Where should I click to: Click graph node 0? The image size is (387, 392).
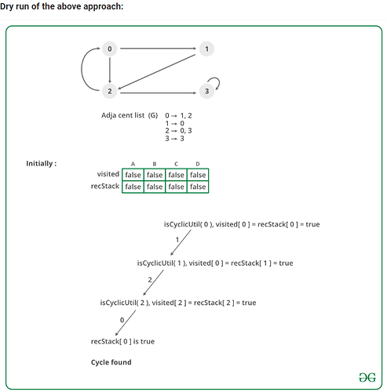tap(109, 49)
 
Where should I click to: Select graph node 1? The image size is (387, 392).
tap(206, 49)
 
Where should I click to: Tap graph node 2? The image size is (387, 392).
tap(109, 91)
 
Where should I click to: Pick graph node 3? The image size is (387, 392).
tap(206, 91)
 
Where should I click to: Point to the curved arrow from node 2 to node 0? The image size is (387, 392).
tap(82, 69)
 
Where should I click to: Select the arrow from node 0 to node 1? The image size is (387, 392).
tap(158, 49)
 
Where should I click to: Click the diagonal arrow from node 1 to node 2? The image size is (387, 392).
tap(156, 72)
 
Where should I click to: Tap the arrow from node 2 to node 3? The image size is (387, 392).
tap(158, 93)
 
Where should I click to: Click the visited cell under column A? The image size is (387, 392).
tap(133, 175)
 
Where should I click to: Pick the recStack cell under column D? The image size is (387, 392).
tap(198, 187)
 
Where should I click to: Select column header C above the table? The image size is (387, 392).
tap(176, 164)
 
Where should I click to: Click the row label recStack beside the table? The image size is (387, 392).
tap(105, 186)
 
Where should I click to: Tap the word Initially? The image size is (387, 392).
tap(39, 164)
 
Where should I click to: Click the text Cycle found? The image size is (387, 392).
tap(111, 362)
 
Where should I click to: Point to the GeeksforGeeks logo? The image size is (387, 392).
tap(367, 377)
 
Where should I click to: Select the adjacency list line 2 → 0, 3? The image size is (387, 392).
tap(178, 131)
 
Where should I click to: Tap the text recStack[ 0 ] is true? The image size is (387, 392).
tap(122, 341)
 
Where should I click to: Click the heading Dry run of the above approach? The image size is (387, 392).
tap(62, 6)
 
